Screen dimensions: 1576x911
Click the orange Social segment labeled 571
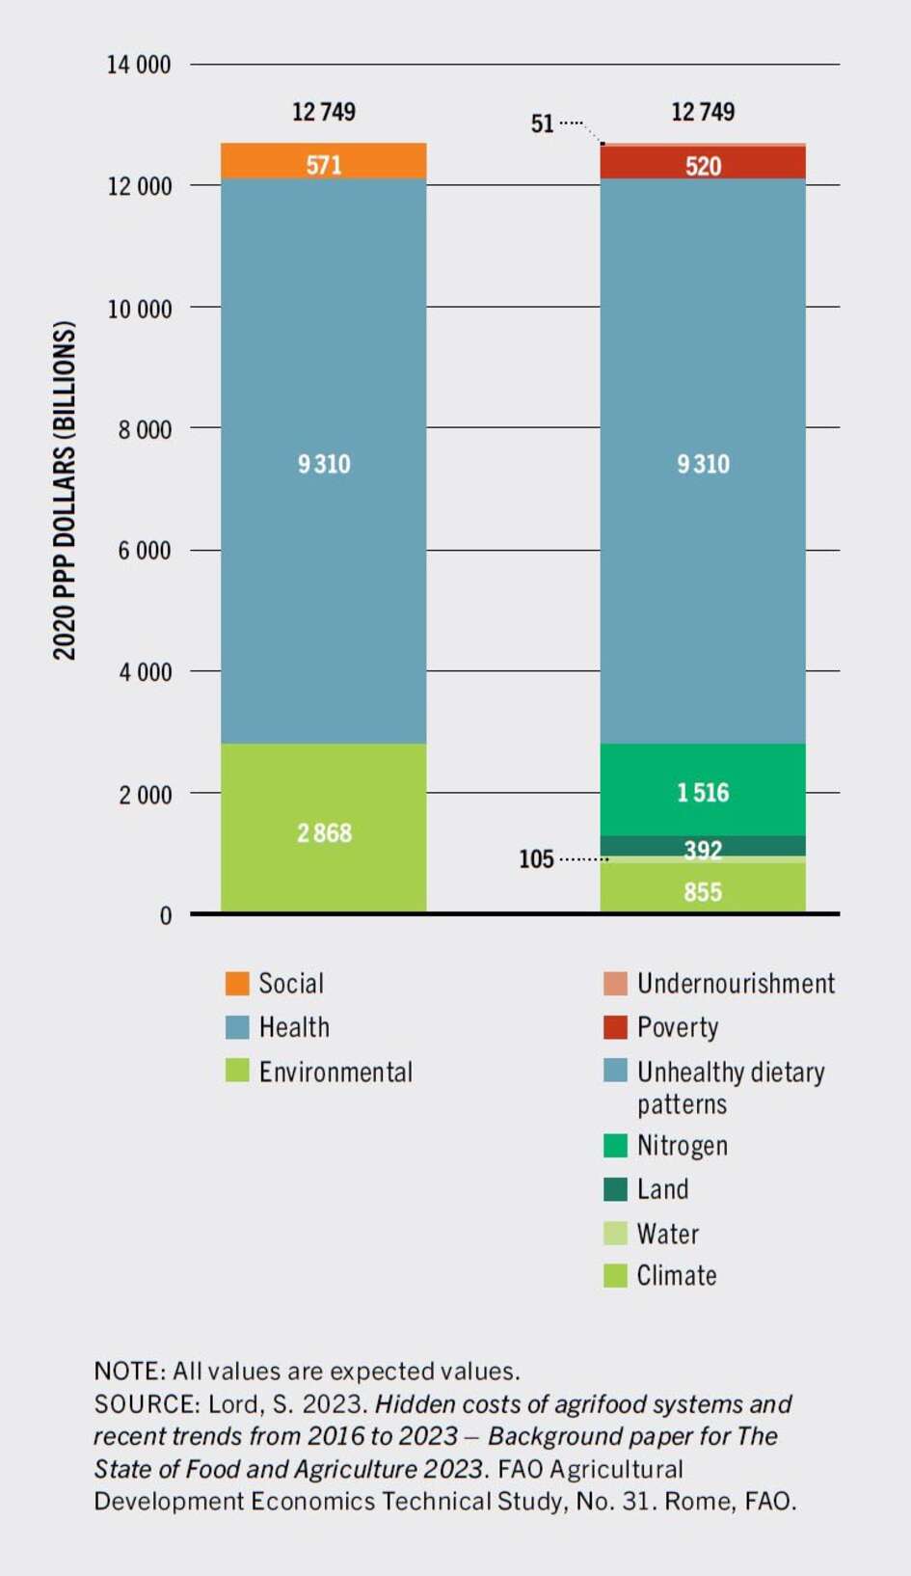click(323, 162)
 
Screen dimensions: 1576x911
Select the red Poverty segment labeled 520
click(703, 164)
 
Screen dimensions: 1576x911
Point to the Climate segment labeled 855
click(703, 889)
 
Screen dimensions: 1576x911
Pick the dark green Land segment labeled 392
click(703, 846)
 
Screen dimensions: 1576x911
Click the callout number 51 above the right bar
click(542, 123)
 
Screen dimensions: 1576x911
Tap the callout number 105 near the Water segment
click(536, 858)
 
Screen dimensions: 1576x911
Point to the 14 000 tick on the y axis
click(138, 65)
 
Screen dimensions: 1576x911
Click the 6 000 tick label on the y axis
click(145, 551)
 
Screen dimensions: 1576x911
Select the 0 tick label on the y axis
click(166, 915)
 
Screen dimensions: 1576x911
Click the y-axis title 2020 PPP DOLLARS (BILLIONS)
click(64, 490)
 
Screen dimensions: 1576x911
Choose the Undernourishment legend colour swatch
click(615, 983)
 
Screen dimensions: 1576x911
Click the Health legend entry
click(294, 1027)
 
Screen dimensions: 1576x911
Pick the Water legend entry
click(667, 1234)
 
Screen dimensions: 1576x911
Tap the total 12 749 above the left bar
click(323, 112)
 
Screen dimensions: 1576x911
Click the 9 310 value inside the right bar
click(703, 464)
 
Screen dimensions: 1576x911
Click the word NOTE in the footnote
click(127, 1371)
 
